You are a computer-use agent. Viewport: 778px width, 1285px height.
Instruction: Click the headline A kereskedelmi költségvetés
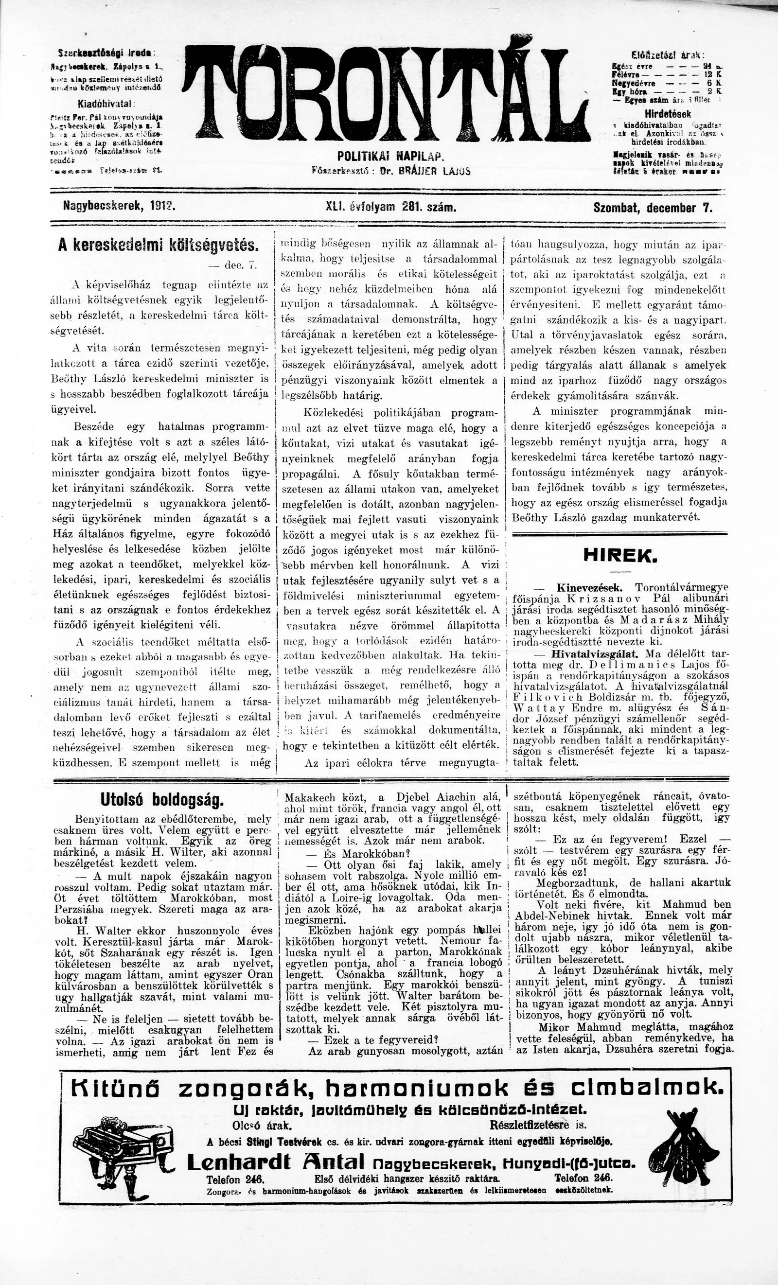click(x=159, y=246)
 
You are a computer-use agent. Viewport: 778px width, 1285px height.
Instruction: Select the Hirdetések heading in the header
click(x=668, y=114)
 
